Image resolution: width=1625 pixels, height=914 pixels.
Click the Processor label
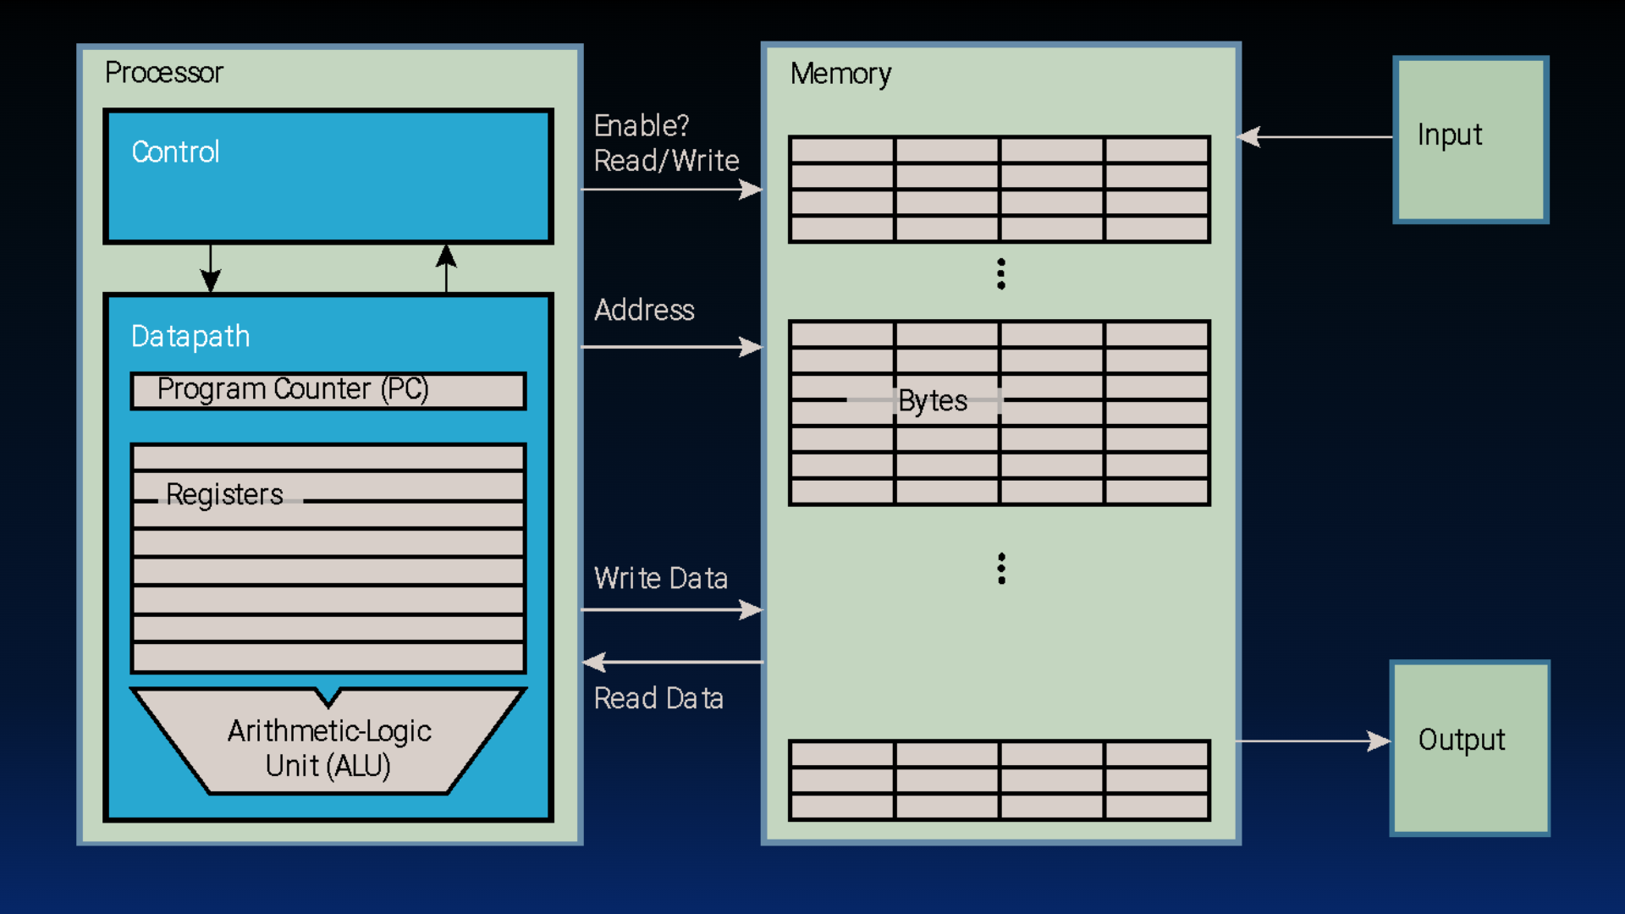(163, 73)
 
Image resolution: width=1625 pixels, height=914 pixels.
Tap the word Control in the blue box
(175, 152)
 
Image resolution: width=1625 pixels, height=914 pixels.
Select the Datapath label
(190, 337)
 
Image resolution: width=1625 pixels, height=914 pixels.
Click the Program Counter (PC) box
(328, 390)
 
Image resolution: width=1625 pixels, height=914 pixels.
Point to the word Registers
(224, 494)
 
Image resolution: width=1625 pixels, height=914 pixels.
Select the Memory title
(840, 74)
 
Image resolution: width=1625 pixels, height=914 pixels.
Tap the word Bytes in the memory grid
(933, 400)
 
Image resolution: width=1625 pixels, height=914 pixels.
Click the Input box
(1470, 140)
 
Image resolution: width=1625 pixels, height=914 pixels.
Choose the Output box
(1470, 748)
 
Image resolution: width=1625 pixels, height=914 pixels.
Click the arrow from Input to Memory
(1316, 136)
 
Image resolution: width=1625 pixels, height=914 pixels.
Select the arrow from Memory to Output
(1312, 741)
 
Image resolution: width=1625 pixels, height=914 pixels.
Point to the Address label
(644, 311)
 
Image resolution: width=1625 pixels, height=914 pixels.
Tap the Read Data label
(658, 699)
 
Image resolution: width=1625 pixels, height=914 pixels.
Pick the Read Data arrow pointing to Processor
(673, 662)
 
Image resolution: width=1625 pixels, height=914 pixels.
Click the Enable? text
(642, 126)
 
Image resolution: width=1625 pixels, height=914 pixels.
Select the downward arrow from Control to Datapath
(211, 269)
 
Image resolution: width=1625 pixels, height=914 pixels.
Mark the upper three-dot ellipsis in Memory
(1001, 274)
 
